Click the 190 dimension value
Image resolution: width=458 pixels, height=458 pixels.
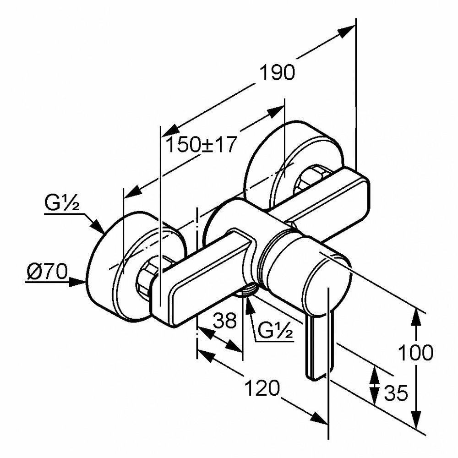pos(277,73)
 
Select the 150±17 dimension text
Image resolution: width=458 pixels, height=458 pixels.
pos(201,146)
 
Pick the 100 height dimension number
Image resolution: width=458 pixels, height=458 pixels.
pos(415,353)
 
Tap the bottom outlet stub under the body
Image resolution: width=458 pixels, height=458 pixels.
pos(247,291)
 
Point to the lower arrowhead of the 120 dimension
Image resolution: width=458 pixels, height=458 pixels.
pos(320,418)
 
